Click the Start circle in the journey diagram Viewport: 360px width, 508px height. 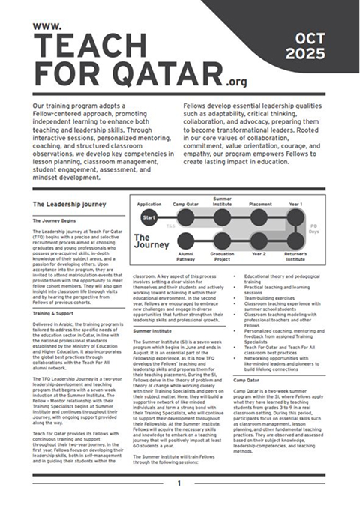click(x=148, y=218)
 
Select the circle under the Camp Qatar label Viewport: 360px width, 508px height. click(x=184, y=218)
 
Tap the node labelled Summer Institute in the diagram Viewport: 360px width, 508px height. click(x=222, y=218)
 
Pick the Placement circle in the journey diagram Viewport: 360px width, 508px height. click(x=259, y=218)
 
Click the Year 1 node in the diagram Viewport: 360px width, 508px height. click(x=296, y=218)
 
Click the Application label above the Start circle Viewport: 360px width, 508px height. click(x=149, y=204)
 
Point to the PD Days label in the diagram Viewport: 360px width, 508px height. click(x=313, y=226)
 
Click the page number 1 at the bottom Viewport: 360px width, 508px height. click(x=178, y=483)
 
